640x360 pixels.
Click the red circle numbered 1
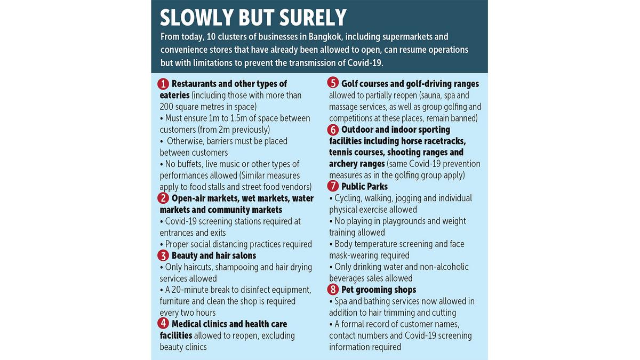coord(164,84)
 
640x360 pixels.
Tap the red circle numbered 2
coord(164,198)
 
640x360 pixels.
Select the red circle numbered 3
coord(164,255)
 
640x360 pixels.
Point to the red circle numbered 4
coord(164,324)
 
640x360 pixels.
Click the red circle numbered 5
coord(334,84)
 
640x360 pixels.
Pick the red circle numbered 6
coord(334,130)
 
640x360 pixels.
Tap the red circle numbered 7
coord(334,187)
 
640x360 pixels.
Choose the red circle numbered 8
coord(334,290)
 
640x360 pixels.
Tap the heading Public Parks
coord(365,187)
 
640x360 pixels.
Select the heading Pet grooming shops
coord(379,290)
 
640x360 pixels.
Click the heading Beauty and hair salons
coord(214,255)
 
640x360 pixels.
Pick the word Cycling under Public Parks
coord(350,198)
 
